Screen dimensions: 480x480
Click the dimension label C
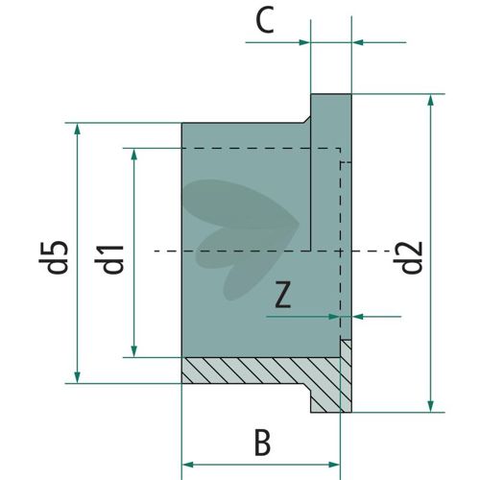click(265, 21)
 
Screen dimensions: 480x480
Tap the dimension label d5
click(54, 257)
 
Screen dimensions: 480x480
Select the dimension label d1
click(109, 259)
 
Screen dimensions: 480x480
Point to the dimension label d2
click(408, 257)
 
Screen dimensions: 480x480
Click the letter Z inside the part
click(283, 295)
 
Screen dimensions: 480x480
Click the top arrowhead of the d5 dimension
click(77, 129)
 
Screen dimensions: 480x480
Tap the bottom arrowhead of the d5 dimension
click(77, 377)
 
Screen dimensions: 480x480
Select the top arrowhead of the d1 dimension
click(134, 155)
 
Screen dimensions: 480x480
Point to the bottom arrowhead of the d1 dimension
click(134, 351)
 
